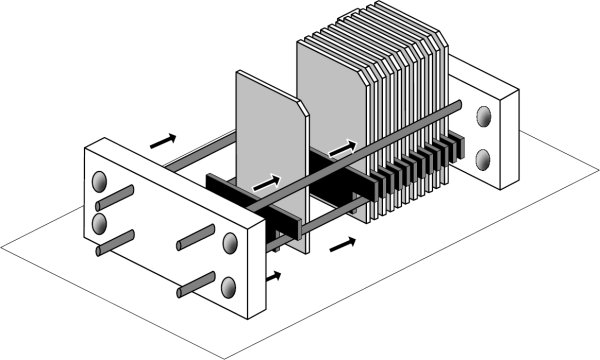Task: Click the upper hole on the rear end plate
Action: coord(486,117)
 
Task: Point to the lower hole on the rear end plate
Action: coord(486,157)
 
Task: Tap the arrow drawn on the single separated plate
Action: coord(267,183)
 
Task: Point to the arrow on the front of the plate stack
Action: coord(342,147)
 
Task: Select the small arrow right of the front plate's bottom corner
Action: coord(274,274)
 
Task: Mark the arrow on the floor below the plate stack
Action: coord(343,242)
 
